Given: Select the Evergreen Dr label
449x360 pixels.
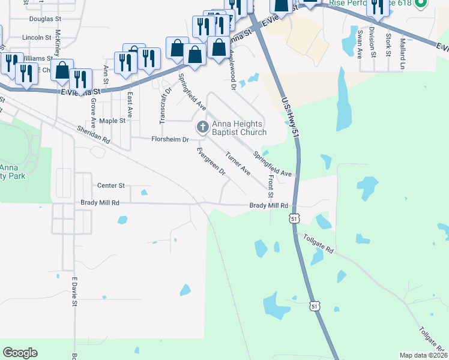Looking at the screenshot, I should click(210, 161).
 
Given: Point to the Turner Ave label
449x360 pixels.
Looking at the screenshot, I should click(238, 164).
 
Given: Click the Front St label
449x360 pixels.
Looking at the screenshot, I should click(271, 188).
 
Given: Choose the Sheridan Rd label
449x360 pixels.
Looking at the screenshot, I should click(93, 134).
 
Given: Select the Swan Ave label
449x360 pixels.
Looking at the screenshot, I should click(360, 42).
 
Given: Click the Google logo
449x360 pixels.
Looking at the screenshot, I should click(20, 353).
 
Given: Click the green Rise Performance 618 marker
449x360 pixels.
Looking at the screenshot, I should click(421, 4).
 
